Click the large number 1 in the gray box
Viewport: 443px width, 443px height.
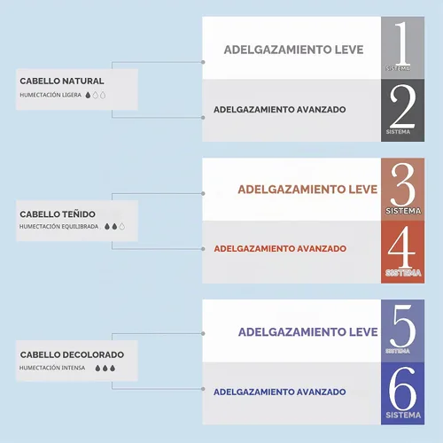pyautogui.click(x=402, y=43)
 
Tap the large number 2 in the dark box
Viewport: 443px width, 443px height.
pyautogui.click(x=402, y=106)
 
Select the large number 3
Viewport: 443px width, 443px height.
pyautogui.click(x=403, y=184)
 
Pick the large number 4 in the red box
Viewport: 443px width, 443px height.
pyautogui.click(x=401, y=247)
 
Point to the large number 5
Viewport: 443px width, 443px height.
pyautogui.click(x=403, y=326)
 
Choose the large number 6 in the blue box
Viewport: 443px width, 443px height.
pyautogui.click(x=402, y=388)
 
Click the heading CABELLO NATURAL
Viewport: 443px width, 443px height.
pyautogui.click(x=62, y=81)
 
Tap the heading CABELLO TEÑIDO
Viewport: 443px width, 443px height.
pyautogui.click(x=58, y=214)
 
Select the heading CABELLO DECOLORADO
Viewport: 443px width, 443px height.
pyautogui.click(x=72, y=354)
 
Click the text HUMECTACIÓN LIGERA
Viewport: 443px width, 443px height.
pyautogui.click(x=51, y=95)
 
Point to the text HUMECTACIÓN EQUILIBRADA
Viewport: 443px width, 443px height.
pyautogui.click(x=58, y=227)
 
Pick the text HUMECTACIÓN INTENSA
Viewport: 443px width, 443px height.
pyautogui.click(x=52, y=368)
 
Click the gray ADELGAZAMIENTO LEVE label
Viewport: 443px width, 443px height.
pyautogui.click(x=294, y=50)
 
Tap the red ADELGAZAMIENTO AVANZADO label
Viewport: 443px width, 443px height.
pyautogui.click(x=280, y=249)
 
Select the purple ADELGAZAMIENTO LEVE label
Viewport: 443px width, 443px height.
pyautogui.click(x=308, y=332)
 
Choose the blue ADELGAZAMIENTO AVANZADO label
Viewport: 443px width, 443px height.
pyautogui.click(x=280, y=392)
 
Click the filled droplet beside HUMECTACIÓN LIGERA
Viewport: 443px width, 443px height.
pyautogui.click(x=88, y=95)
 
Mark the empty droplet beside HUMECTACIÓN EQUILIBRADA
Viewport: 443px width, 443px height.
pyautogui.click(x=122, y=227)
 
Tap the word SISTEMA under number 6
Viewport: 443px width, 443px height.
pyautogui.click(x=403, y=416)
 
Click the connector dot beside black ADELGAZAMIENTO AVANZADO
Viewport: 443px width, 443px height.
pyautogui.click(x=203, y=118)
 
